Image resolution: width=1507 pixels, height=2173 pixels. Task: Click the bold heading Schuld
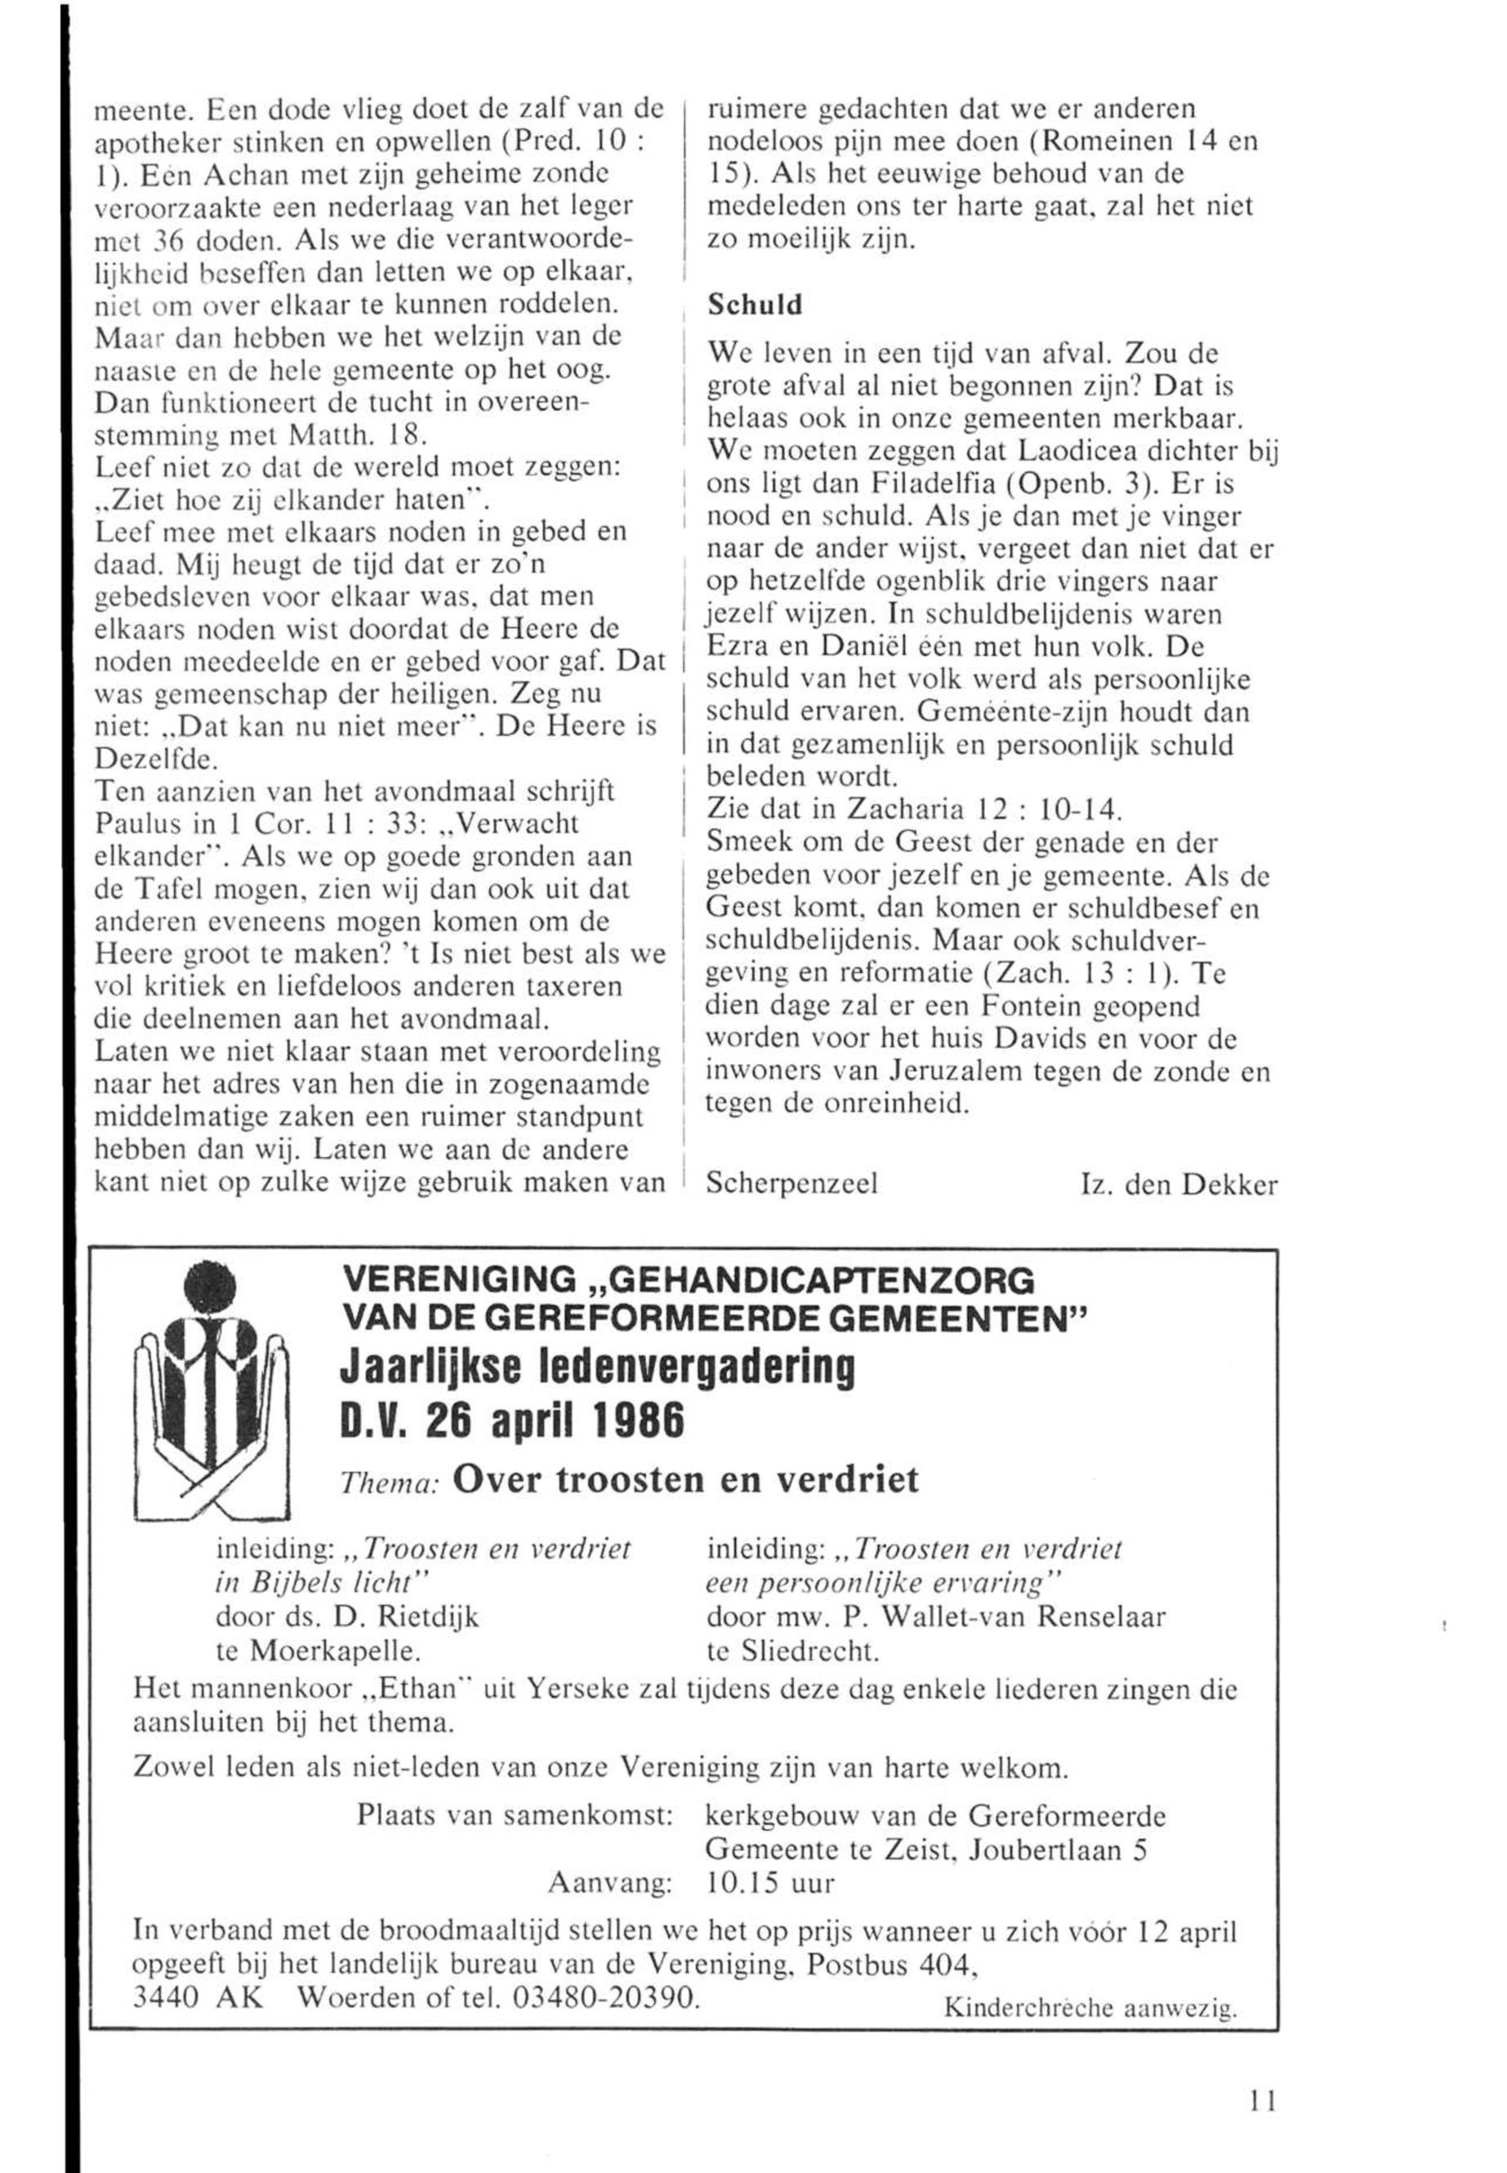(755, 305)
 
